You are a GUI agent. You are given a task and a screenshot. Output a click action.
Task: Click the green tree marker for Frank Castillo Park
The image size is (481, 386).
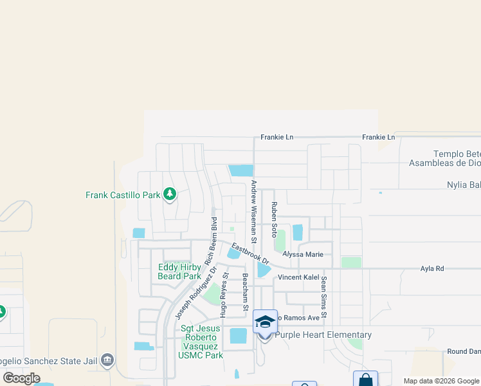[x=170, y=194]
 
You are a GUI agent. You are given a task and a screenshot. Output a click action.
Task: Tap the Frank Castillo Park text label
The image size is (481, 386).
[x=122, y=194]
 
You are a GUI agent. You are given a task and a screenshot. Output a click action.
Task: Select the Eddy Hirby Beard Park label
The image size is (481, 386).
[x=179, y=271]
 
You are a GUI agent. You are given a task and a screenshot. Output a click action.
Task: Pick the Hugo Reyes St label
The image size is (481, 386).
[x=224, y=295]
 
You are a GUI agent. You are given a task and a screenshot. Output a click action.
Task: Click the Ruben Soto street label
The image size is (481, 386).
[x=273, y=218]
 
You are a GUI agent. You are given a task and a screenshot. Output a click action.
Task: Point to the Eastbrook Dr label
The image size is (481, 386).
[x=250, y=253]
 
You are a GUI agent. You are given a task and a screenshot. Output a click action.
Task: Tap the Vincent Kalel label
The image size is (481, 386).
[x=298, y=277]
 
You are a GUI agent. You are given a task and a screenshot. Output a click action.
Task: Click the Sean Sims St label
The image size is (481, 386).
[x=324, y=296]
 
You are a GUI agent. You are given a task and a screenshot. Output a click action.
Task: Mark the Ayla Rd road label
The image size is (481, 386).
[x=431, y=268]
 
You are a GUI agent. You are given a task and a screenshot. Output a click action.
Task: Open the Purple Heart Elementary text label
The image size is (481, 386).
[x=323, y=335]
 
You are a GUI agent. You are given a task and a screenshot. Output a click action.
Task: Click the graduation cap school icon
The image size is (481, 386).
[x=265, y=321]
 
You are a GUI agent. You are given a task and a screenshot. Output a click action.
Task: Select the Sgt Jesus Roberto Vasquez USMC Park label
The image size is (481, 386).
[x=202, y=342]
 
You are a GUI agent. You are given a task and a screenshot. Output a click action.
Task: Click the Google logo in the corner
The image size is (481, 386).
[x=22, y=378]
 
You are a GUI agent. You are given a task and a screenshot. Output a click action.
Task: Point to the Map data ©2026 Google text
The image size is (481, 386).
[x=441, y=381]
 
